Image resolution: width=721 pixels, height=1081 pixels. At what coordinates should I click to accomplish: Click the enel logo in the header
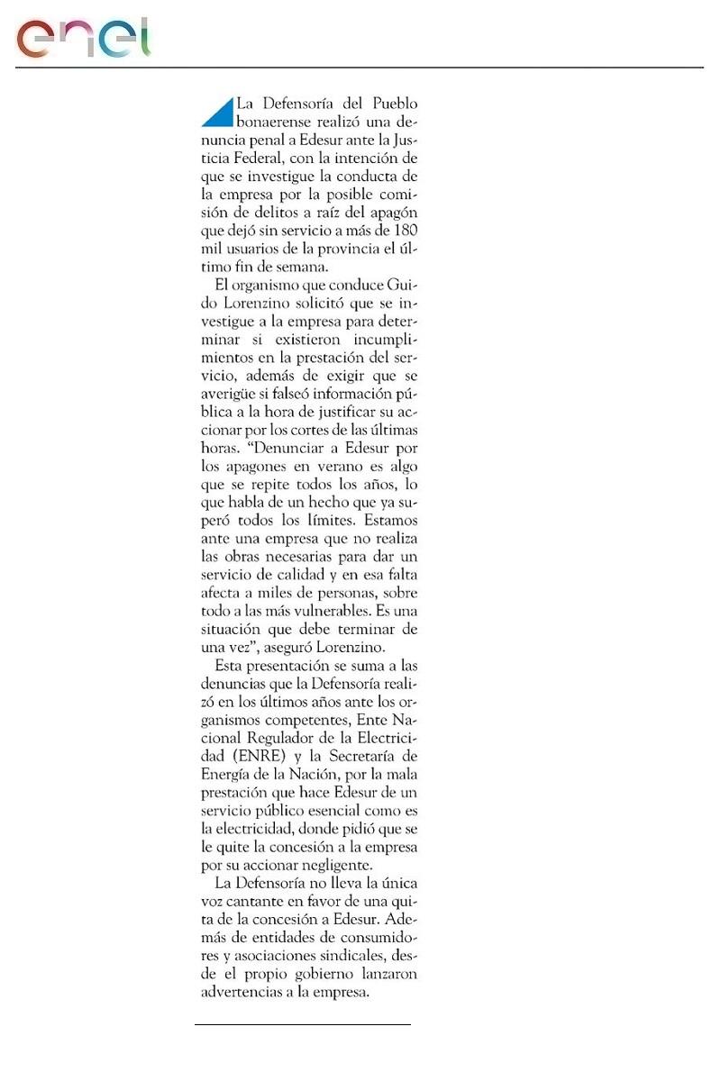tap(84, 39)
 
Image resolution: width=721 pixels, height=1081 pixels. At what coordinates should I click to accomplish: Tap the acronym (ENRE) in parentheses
tap(231, 759)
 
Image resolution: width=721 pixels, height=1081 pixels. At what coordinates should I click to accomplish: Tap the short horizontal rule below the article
tap(303, 1024)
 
